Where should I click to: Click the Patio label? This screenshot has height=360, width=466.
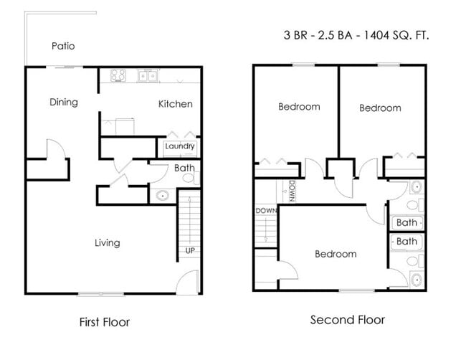63,46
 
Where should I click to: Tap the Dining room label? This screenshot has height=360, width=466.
64,103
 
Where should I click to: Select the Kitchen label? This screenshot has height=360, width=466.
176,104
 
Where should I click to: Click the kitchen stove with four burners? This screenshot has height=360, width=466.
118,75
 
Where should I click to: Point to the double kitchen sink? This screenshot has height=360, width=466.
148,76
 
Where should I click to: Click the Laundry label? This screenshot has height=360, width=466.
180,146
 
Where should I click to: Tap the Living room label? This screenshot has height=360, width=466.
108,243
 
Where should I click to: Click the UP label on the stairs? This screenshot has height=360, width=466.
190,250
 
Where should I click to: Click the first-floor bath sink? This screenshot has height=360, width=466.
163,196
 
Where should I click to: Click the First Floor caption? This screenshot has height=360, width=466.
105,322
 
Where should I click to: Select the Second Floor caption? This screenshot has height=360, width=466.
348,320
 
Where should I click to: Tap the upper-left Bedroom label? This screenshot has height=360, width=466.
299,107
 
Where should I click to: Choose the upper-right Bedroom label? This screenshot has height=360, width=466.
380,108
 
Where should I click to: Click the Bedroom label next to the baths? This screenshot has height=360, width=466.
336,254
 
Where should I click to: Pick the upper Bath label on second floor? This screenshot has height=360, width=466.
406,222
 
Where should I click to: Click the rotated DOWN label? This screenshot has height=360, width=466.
293,191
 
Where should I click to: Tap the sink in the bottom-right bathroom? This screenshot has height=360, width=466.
417,280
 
